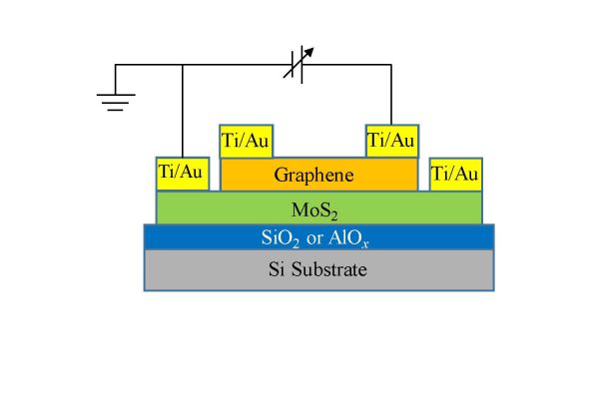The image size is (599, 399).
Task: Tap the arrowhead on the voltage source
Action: [x=307, y=49]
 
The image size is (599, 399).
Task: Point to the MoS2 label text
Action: [x=317, y=208]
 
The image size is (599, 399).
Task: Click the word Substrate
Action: [x=333, y=269]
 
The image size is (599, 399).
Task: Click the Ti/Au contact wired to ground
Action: [x=181, y=174]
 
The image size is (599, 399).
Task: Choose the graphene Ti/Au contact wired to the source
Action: [x=391, y=141]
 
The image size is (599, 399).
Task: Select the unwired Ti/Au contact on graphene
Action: [x=245, y=141]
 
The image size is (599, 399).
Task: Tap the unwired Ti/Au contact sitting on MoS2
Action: [x=455, y=174]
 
